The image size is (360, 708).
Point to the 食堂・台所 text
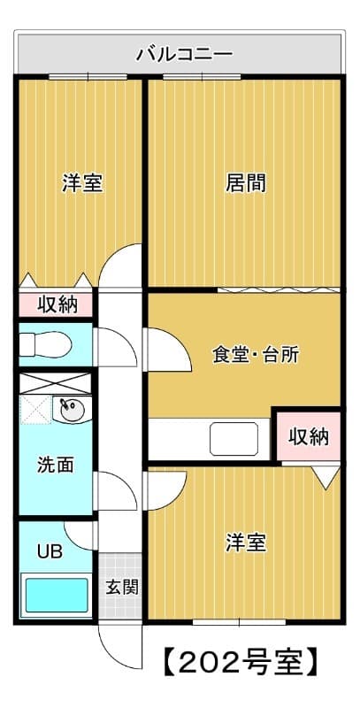(x=255, y=355)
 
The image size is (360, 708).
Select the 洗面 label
(x=55, y=464)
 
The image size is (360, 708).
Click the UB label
(x=49, y=551)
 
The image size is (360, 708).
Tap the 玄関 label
(x=122, y=586)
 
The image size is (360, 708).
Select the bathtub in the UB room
(x=55, y=596)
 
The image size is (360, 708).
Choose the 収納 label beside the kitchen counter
(x=308, y=435)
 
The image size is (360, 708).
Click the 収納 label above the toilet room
(x=57, y=304)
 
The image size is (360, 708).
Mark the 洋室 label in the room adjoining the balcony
(x=81, y=184)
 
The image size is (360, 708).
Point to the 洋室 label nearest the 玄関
(x=245, y=542)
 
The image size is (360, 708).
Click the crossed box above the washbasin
(x=56, y=383)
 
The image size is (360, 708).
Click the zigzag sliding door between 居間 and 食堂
(x=276, y=289)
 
